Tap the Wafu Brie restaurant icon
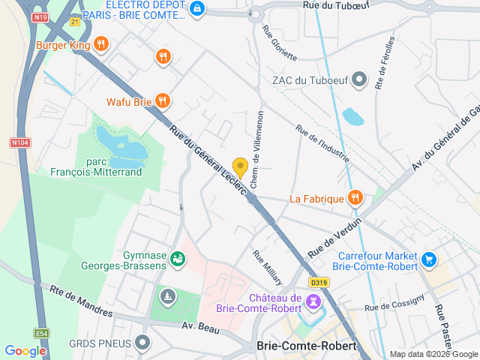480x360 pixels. (x=163, y=101)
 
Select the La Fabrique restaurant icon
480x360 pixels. (x=355, y=199)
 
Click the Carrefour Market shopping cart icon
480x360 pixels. (x=428, y=259)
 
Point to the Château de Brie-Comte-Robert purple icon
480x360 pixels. (x=313, y=301)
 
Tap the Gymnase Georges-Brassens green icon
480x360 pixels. (x=178, y=259)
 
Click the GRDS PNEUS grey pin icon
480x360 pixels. (x=142, y=343)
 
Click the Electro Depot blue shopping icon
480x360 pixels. (x=196, y=9)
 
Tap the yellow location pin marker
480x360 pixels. (x=240, y=168)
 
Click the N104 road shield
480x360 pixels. (x=19, y=142)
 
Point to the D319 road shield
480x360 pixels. (x=319, y=283)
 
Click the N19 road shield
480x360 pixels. (x=40, y=16)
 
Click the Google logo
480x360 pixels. (x=25, y=351)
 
